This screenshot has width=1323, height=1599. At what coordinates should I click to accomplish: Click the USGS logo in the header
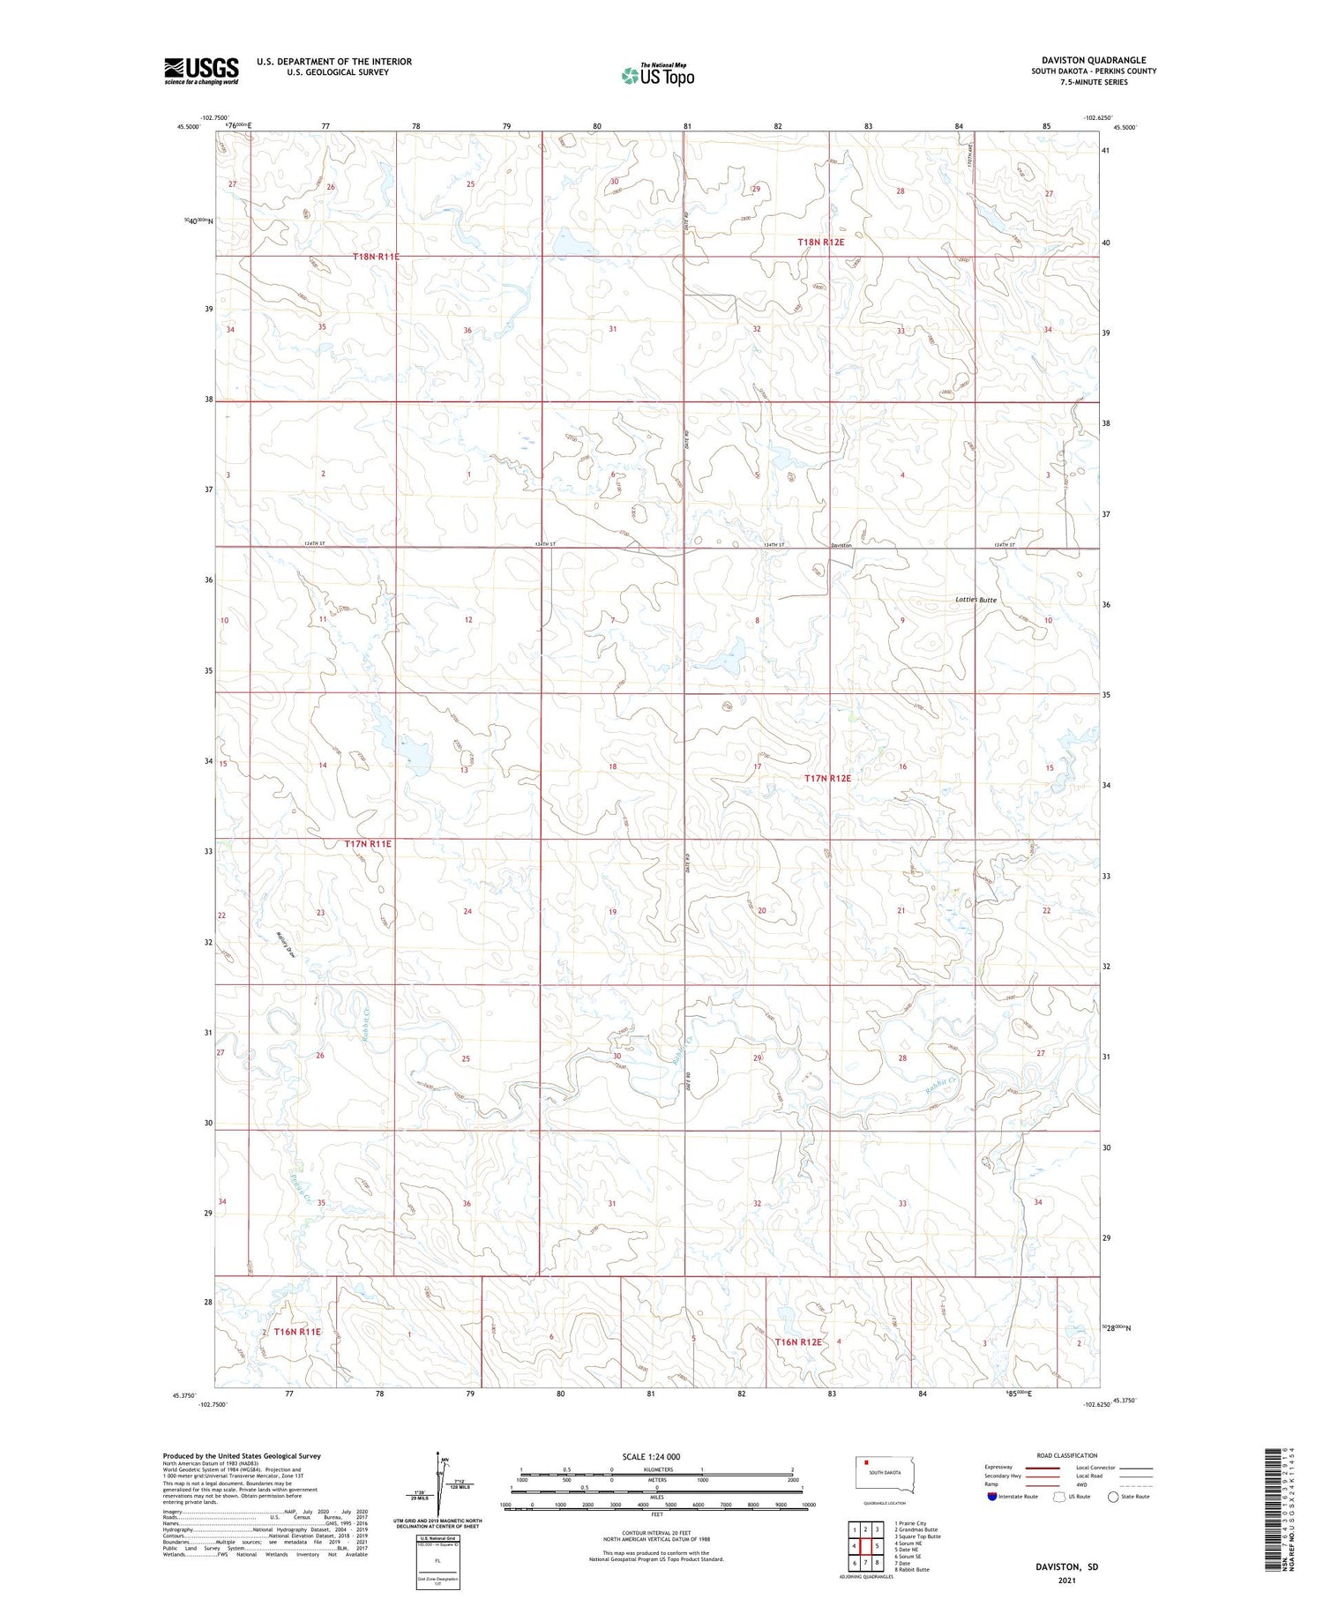pyautogui.click(x=201, y=71)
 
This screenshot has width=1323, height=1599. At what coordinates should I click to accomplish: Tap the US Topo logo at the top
pyautogui.click(x=658, y=76)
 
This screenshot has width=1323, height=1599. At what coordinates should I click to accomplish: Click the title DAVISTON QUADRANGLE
pyautogui.click(x=1094, y=60)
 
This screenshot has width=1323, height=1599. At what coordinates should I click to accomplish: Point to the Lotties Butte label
pyautogui.click(x=975, y=600)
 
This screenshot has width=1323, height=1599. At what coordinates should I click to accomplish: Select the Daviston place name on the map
pyautogui.click(x=841, y=546)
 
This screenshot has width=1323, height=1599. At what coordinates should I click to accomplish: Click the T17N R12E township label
pyautogui.click(x=827, y=779)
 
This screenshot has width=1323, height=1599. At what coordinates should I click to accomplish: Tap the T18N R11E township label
pyautogui.click(x=376, y=257)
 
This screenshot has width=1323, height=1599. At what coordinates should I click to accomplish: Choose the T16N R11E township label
pyautogui.click(x=297, y=1331)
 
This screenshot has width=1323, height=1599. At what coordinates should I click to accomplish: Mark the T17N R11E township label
pyautogui.click(x=368, y=844)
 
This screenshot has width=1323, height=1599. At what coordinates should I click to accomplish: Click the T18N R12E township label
pyautogui.click(x=821, y=242)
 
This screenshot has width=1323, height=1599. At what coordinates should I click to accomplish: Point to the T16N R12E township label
pyautogui.click(x=798, y=1341)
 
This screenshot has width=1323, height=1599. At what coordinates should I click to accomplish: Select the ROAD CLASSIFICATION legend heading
pyautogui.click(x=1066, y=1455)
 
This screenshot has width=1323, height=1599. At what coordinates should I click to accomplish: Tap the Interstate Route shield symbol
pyautogui.click(x=992, y=1497)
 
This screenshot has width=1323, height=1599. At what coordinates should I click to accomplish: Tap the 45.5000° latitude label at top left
pyautogui.click(x=188, y=126)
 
